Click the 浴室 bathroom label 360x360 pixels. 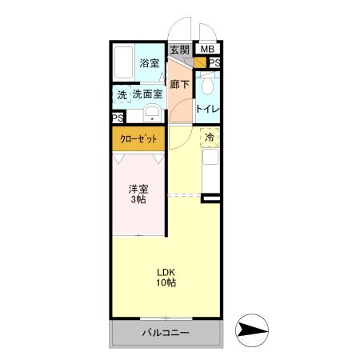(148, 63)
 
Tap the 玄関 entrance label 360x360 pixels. (179, 50)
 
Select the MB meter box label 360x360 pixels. (207, 50)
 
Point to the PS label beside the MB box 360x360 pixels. (214, 62)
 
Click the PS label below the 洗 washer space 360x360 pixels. (118, 118)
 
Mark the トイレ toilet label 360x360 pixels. (209, 108)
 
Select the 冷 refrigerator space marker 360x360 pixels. (209, 137)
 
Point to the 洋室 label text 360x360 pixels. (138, 189)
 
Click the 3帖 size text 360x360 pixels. (138, 200)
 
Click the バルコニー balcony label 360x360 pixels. (166, 332)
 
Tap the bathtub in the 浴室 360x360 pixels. (124, 62)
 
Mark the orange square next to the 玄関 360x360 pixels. (198, 62)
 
